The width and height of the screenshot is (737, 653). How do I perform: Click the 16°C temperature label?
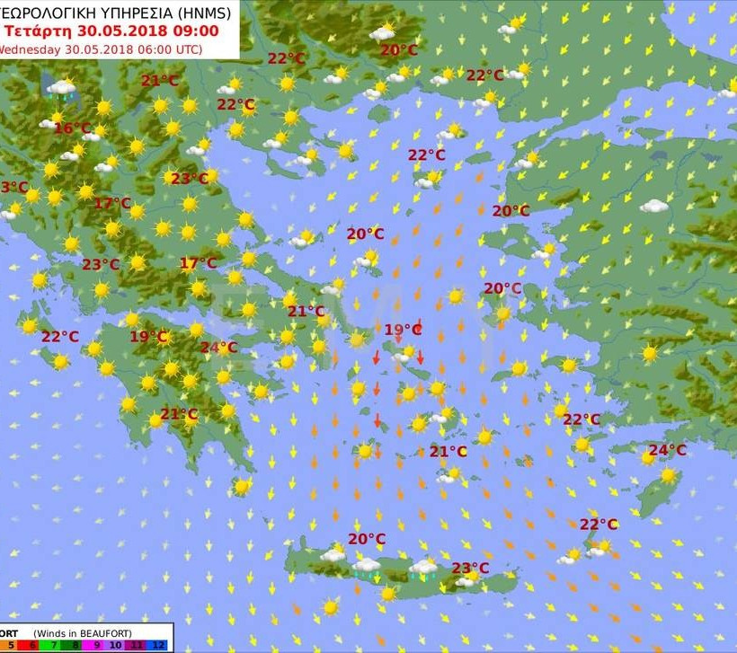[x=73, y=128]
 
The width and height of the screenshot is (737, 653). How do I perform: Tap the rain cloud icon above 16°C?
[x=62, y=88]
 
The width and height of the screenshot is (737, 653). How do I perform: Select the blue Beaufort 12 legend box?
[x=158, y=645]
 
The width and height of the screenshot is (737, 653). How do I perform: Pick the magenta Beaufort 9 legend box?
[x=98, y=645]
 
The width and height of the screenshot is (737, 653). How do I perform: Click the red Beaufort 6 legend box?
[x=31, y=645]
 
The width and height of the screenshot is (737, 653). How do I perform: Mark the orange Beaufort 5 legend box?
[x=11, y=645]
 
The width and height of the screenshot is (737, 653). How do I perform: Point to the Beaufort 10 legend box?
[x=118, y=645]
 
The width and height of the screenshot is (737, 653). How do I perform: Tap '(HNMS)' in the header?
[x=203, y=12]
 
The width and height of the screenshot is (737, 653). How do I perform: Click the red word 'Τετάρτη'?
[x=34, y=30]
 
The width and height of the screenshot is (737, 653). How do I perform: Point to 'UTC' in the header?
[x=183, y=49]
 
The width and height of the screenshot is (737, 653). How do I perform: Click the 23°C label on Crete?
[x=470, y=568]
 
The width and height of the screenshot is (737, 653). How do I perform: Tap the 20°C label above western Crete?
[x=367, y=539]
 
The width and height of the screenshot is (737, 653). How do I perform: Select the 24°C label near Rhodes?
[x=667, y=450]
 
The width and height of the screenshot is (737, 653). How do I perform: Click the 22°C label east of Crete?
[x=598, y=525]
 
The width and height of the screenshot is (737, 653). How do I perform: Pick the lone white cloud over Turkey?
[x=654, y=206]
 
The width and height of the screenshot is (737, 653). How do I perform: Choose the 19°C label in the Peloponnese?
[x=149, y=337]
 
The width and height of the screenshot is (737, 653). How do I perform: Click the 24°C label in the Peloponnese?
[x=218, y=348]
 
